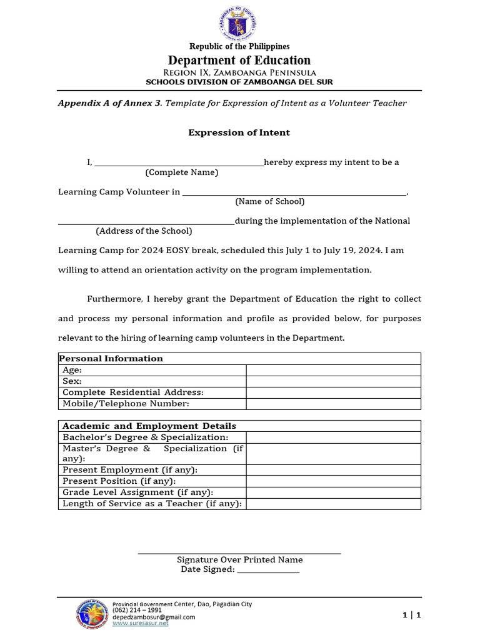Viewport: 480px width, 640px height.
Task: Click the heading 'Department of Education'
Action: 239,60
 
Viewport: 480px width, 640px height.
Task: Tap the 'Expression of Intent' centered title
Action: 239,132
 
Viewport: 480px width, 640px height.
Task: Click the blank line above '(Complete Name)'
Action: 179,163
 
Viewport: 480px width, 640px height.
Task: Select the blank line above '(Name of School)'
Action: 294,192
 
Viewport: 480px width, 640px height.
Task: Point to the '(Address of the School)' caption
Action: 144,231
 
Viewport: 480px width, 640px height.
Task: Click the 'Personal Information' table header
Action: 111,359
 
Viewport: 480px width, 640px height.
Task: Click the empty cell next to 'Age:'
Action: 333,370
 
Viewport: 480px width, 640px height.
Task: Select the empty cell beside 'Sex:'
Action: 333,381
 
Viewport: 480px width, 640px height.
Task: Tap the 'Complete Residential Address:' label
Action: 133,392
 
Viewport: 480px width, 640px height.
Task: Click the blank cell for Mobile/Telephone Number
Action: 333,404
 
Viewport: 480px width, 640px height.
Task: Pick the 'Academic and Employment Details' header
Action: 149,426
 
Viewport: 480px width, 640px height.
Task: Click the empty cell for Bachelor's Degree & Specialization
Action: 333,437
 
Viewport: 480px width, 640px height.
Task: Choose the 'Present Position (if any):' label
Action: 119,481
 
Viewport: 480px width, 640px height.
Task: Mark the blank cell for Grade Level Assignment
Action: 333,492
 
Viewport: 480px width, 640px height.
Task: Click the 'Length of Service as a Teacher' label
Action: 152,504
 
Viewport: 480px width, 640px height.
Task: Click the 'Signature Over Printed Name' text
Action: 239,560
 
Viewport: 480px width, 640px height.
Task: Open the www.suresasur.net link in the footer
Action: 141,624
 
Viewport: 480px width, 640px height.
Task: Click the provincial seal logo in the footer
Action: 91,613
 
